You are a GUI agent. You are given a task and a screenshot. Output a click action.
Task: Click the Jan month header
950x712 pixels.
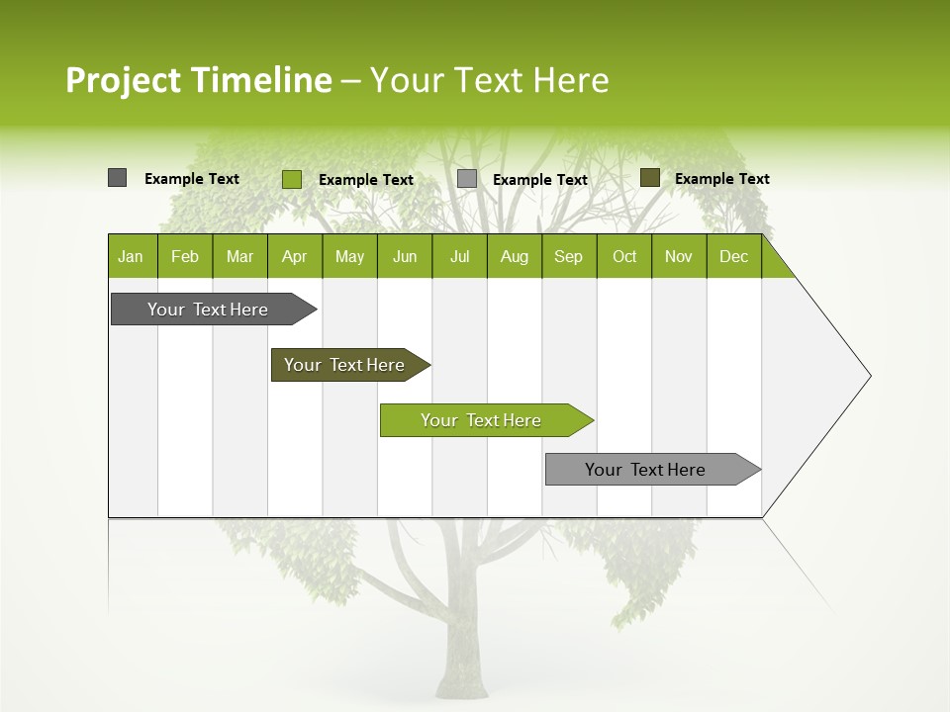coord(131,256)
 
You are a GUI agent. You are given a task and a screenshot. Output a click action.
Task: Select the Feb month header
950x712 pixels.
coord(185,256)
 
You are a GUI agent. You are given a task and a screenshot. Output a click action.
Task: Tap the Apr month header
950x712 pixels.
coord(294,256)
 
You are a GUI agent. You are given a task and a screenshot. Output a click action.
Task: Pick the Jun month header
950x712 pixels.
coord(405,256)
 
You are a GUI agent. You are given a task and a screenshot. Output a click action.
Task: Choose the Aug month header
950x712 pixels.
coord(514,256)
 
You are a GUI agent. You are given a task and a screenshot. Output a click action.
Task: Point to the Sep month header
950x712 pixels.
coord(568,256)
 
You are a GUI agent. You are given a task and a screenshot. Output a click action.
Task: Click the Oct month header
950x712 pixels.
coord(624,256)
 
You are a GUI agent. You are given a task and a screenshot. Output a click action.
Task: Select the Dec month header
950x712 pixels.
coord(733,256)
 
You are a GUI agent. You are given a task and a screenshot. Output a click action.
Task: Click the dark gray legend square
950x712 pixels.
coord(117,178)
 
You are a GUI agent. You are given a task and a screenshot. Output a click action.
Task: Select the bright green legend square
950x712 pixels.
coord(292,179)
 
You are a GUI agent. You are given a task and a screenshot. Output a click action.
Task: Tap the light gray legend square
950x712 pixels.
coord(467,179)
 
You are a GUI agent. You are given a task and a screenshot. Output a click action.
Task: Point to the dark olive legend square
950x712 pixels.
coord(650,178)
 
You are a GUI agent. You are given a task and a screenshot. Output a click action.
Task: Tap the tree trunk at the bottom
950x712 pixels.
coord(462,653)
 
